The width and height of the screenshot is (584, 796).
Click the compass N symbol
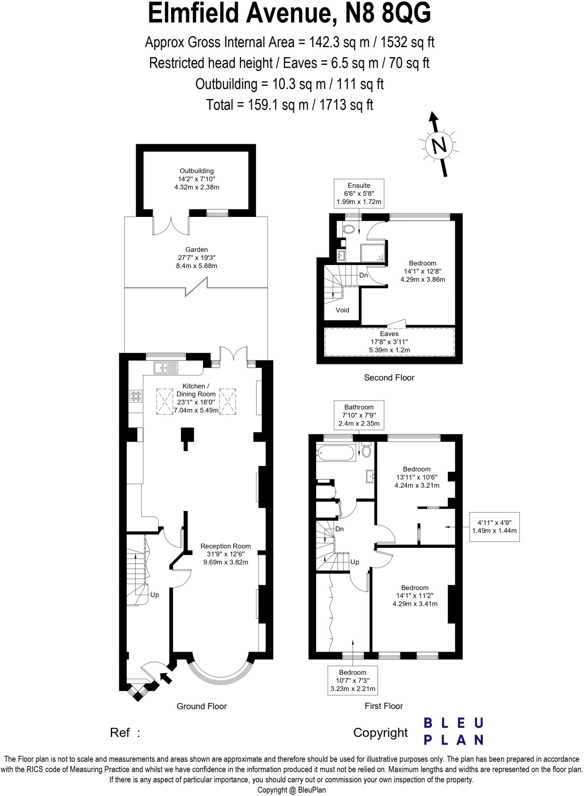(x=439, y=146)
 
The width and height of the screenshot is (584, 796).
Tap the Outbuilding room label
(x=196, y=179)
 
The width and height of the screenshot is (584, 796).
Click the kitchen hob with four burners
(x=136, y=396)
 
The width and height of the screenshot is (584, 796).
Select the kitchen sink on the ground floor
(x=166, y=367)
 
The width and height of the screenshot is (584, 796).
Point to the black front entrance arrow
(x=166, y=678)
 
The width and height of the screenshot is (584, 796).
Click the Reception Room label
(x=226, y=554)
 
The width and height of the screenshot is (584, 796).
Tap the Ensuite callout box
(x=359, y=194)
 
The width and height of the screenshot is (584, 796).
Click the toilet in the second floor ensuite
(x=349, y=229)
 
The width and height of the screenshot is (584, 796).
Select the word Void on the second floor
(x=342, y=310)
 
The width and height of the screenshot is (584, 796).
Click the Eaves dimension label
(x=389, y=342)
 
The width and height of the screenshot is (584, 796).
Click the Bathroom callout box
(x=359, y=415)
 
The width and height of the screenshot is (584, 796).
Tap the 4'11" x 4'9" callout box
(x=494, y=527)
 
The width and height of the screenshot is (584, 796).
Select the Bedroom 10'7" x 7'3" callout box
(x=353, y=681)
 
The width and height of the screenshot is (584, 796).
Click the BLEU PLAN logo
(x=453, y=731)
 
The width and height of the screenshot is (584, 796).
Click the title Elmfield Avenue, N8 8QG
(x=289, y=14)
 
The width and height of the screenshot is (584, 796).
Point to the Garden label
(x=196, y=258)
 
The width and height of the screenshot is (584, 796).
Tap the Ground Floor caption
(x=201, y=706)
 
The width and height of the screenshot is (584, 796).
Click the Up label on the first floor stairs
(x=355, y=562)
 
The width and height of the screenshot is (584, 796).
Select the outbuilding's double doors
(x=171, y=226)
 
